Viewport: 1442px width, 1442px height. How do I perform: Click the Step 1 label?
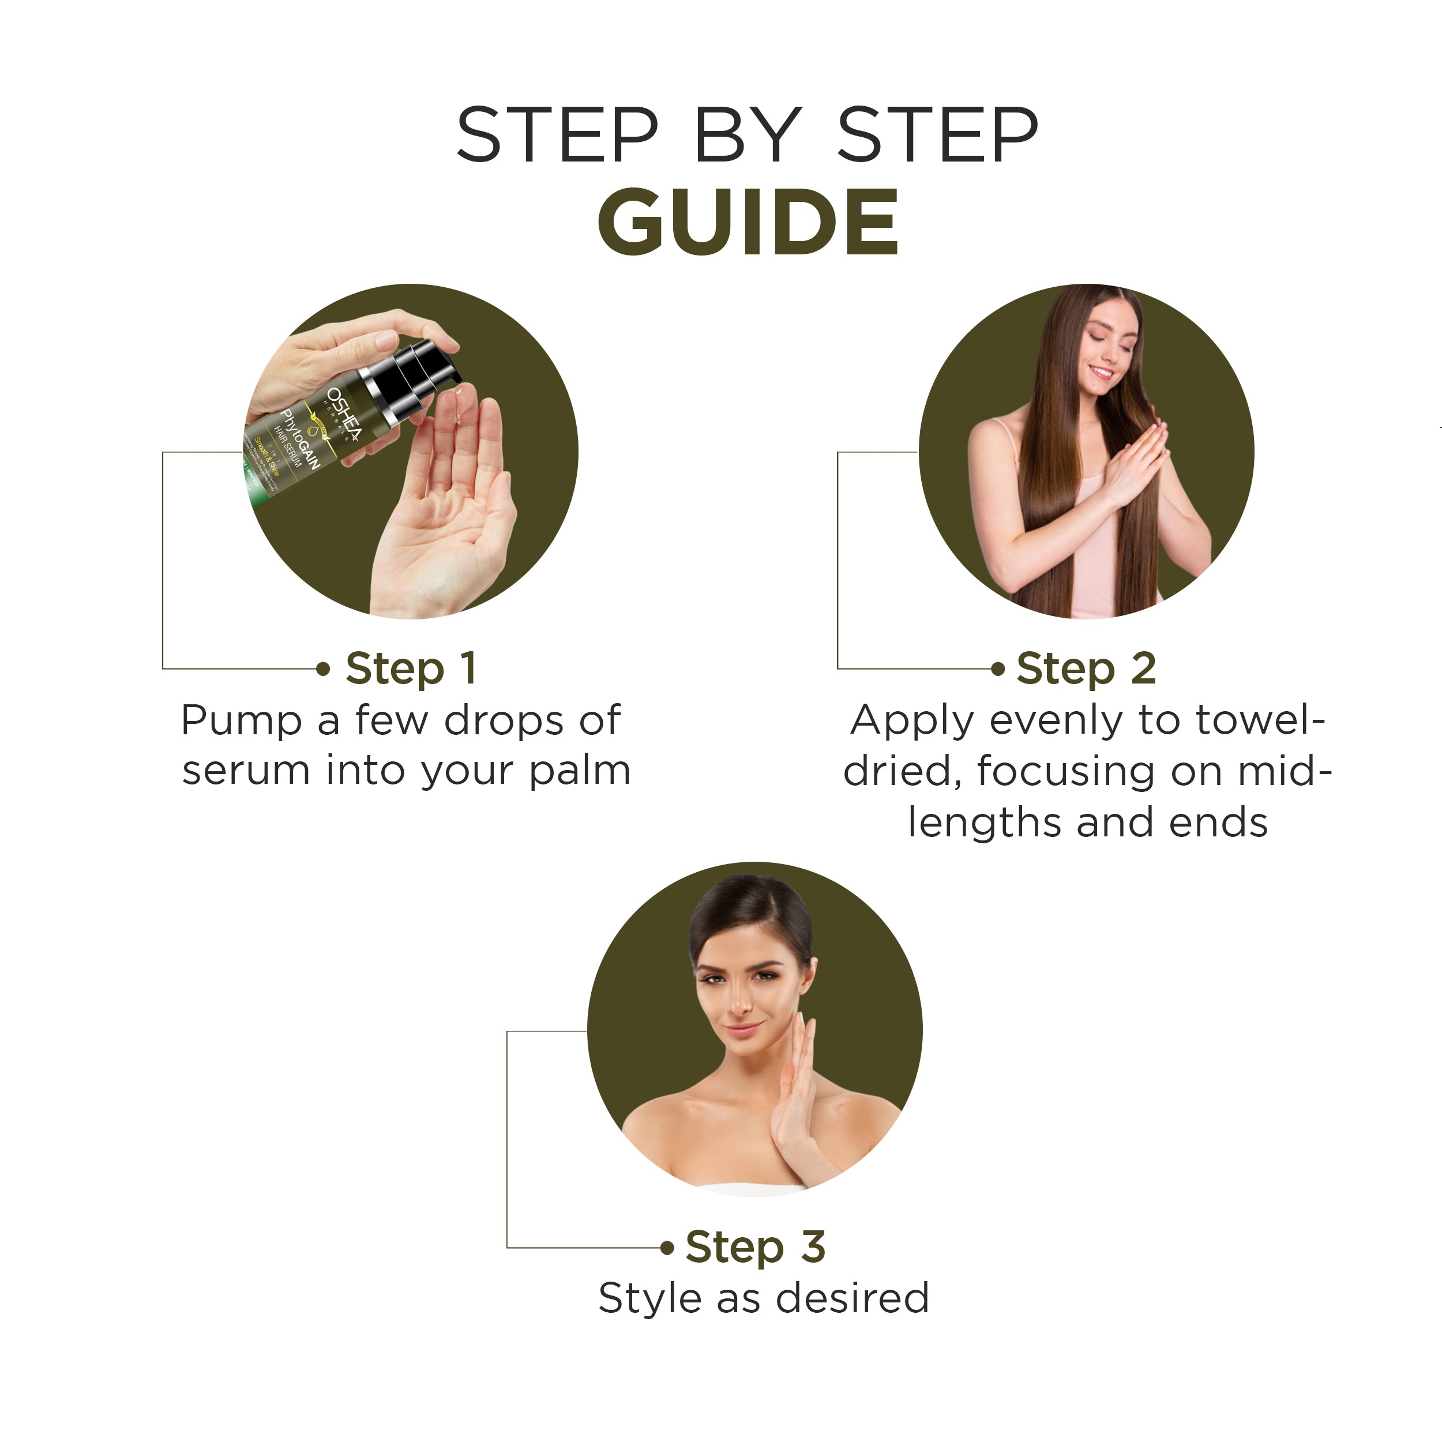411,668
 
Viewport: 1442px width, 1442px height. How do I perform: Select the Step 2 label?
1086,668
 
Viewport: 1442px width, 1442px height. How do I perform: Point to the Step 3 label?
756,1246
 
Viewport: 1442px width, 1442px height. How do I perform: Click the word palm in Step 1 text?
580,772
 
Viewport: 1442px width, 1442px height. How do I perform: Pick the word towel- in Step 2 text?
1260,720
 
